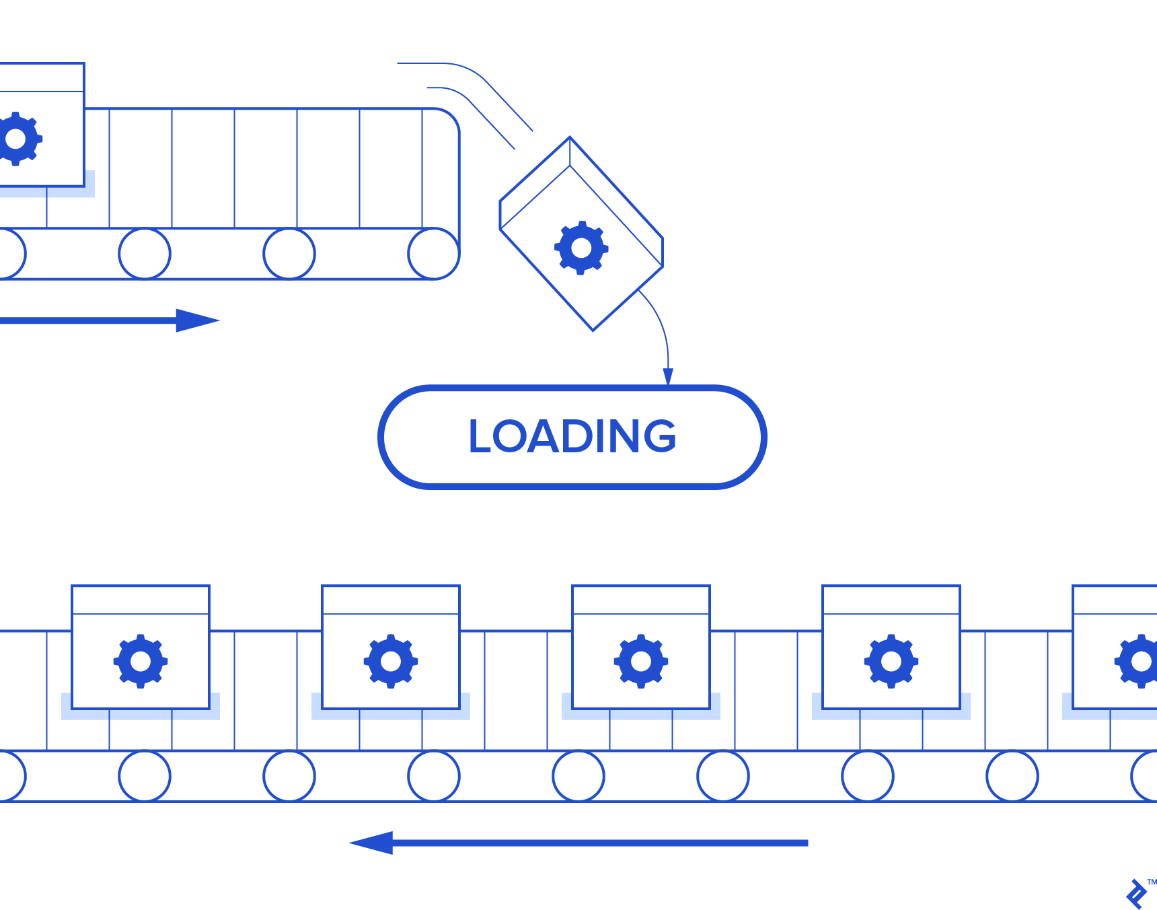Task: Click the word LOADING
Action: pos(572,436)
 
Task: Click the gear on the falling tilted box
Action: pos(581,248)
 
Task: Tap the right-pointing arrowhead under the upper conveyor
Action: pos(196,320)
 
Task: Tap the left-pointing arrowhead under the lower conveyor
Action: pos(372,843)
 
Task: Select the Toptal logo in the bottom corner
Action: pos(1137,894)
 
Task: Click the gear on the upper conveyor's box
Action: pos(16,139)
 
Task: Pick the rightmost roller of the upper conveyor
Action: pos(433,254)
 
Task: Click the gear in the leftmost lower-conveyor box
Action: pos(140,661)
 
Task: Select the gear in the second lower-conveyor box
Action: pos(390,661)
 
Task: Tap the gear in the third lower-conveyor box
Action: pos(640,661)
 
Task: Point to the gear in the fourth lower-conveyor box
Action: pos(891,661)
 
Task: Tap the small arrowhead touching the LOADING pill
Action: pos(668,377)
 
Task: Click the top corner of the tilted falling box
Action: pos(570,139)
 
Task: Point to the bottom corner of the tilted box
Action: pos(593,329)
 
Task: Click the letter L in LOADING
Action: pos(480,436)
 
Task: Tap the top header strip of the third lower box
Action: pos(640,600)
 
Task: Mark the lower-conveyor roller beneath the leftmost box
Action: pos(144,776)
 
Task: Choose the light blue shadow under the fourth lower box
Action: pos(891,715)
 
